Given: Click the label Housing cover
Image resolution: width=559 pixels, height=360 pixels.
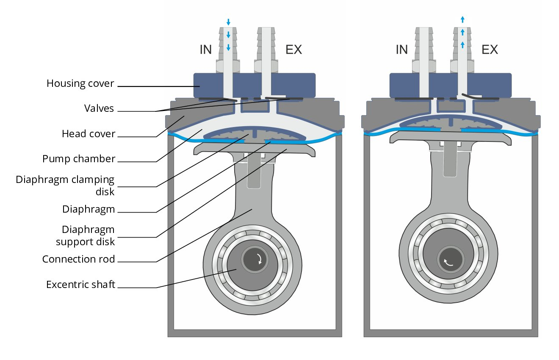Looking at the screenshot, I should (x=80, y=83).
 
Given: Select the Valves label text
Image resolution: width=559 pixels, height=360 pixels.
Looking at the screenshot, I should (x=99, y=108).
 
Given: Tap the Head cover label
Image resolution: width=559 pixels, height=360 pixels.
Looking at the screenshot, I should (x=89, y=133).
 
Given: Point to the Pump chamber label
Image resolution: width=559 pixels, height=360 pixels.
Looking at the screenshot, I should (x=79, y=159).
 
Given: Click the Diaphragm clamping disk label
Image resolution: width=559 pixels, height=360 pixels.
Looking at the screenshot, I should (x=65, y=185).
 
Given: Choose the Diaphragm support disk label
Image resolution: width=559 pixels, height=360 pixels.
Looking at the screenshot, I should (x=85, y=235).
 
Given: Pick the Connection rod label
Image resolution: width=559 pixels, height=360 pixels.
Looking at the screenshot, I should (x=78, y=259).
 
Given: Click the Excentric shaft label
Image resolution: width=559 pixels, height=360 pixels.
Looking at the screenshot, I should (x=80, y=284).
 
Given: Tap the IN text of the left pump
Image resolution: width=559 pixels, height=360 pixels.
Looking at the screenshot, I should (x=205, y=50).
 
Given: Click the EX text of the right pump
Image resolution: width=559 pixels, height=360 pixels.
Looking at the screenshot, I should (x=490, y=50).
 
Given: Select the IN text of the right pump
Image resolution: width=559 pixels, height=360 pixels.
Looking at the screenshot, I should (x=401, y=50).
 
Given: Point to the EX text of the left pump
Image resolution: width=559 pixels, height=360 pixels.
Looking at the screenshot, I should (x=293, y=50).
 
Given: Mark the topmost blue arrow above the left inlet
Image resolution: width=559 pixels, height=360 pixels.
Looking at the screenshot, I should (x=228, y=22).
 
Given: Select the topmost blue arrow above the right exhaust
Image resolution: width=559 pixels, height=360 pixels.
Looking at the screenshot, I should (x=462, y=19).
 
